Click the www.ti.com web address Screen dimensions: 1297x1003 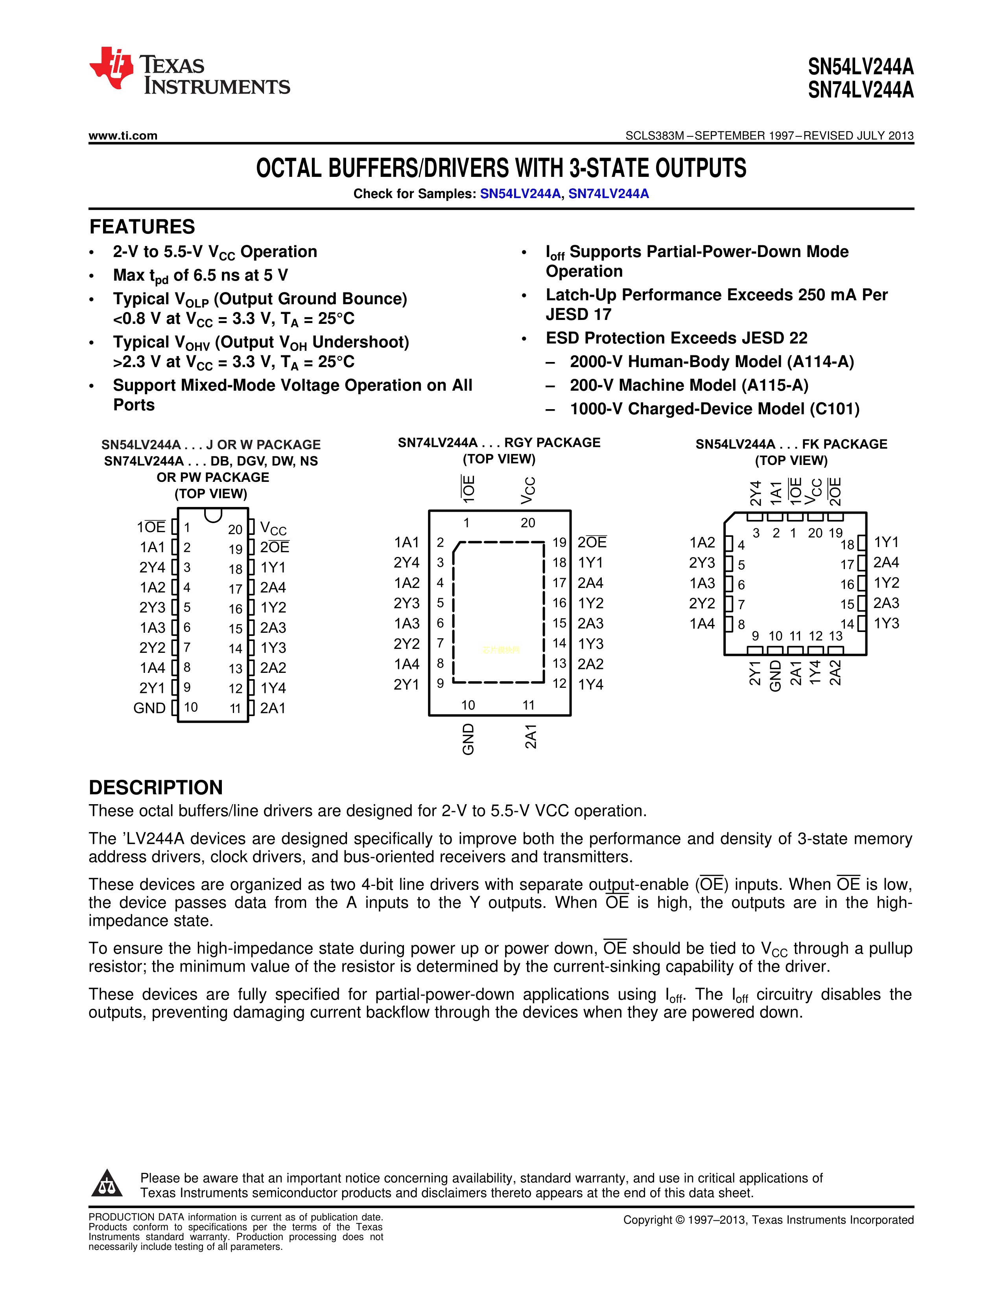(123, 136)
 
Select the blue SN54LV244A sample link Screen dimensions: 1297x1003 (520, 194)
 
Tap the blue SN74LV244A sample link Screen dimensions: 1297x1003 (608, 194)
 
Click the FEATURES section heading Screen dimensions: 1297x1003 (142, 227)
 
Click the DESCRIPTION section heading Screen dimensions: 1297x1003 (156, 788)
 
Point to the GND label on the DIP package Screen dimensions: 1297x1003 (149, 708)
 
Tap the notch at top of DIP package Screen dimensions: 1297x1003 (213, 514)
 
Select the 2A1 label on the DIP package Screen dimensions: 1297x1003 (273, 708)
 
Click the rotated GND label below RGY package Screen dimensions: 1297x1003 (468, 739)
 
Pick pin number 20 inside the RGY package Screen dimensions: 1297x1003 (527, 523)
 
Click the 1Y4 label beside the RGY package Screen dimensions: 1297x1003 (591, 685)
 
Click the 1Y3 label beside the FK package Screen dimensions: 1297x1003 (887, 624)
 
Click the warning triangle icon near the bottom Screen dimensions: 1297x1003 (107, 1183)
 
